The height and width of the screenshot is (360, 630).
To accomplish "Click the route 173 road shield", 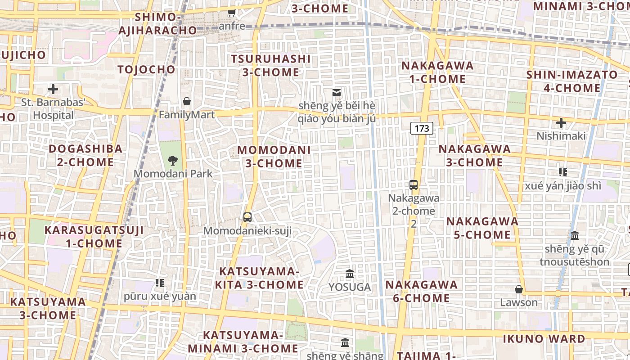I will point(422,128).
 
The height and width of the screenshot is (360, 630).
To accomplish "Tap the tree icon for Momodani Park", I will point(172,161).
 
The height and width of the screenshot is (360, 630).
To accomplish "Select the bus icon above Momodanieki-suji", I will point(247,217).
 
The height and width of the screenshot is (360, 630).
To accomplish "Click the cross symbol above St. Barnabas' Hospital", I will point(53,89).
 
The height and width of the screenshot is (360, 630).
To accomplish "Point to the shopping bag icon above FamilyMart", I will point(187,101).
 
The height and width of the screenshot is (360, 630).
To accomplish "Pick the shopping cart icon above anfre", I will point(232,13).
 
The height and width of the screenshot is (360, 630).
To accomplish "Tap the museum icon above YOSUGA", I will point(350,274).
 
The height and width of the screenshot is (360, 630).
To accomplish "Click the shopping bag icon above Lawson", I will point(519,289).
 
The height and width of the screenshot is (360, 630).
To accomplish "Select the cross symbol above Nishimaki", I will point(561,122).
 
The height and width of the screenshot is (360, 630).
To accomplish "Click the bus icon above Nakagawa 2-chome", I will point(414,184).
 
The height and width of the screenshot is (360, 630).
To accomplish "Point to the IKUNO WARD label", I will point(544,339).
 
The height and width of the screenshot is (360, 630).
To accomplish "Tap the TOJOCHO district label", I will point(146,69).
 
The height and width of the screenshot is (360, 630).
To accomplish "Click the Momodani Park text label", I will point(173,174).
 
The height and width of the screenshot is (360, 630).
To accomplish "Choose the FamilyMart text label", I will point(187,115).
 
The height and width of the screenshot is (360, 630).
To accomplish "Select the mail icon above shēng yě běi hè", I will point(337,93).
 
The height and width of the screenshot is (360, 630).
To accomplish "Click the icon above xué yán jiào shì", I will point(562,172).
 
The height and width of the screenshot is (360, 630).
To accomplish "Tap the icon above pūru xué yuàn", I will point(160,283).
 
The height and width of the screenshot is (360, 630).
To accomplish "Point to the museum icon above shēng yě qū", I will point(575,235).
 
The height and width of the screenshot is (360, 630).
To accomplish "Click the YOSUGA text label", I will point(350,287).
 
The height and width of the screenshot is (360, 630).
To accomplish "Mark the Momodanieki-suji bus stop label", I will point(247,231).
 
